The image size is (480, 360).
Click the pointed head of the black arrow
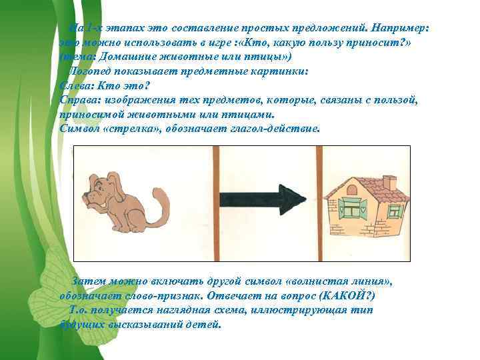click(x=293, y=198)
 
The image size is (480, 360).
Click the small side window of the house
click(x=395, y=211)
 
